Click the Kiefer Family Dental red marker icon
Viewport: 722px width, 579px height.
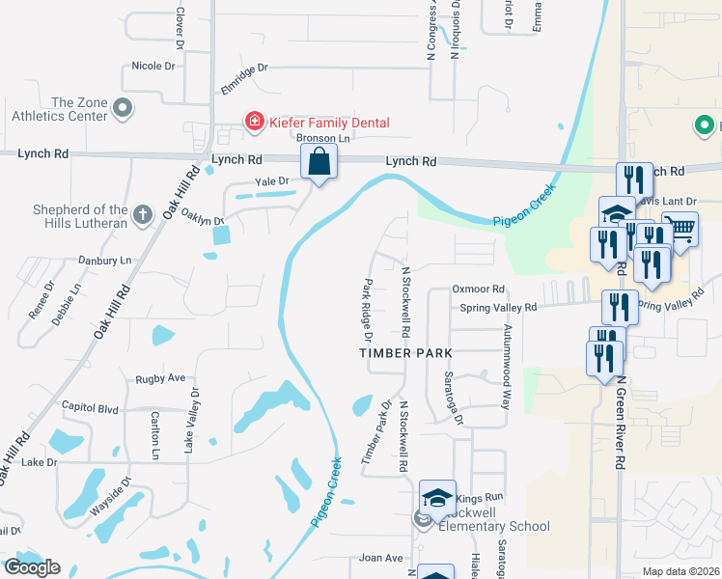(254, 122)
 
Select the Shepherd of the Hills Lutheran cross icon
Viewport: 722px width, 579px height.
(142, 214)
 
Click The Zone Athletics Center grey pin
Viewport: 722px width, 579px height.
(123, 109)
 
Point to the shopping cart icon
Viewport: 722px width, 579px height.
(681, 229)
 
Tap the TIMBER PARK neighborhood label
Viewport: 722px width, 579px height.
(405, 353)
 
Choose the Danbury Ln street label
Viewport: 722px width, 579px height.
(104, 261)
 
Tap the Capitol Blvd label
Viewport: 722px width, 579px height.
(89, 407)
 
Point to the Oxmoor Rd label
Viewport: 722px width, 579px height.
(479, 289)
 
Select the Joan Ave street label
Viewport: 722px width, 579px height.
(380, 558)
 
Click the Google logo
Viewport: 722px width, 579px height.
(32, 567)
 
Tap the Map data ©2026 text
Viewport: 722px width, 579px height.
(681, 571)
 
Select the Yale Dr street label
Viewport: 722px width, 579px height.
(271, 180)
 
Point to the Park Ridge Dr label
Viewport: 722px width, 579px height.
(367, 311)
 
